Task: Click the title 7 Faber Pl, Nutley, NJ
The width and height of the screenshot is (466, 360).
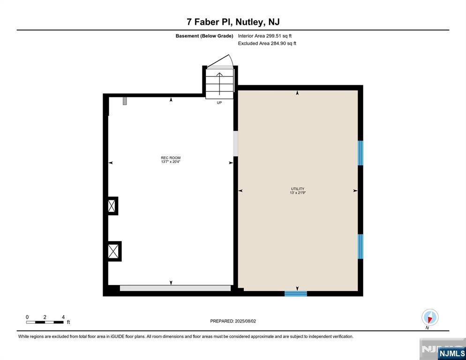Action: pos(233,22)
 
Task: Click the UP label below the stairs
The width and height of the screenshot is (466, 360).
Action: pos(219,103)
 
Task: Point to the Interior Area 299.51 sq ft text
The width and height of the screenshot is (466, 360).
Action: pos(264,36)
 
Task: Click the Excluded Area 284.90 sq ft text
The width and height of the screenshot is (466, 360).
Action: pos(267,44)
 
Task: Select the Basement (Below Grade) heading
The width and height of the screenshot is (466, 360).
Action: pos(204,36)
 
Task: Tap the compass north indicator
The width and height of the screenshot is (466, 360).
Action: pos(429,317)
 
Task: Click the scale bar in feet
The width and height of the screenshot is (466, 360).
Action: pos(45,322)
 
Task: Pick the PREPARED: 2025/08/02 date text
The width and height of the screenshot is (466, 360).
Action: pos(233,321)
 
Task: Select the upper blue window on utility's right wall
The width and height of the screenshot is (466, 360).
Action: pos(361,153)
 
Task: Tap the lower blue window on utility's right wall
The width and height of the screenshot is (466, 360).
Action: pos(361,246)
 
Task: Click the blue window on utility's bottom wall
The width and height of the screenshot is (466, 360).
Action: pos(296,293)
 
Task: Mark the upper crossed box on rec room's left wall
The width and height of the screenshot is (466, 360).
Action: pos(112,206)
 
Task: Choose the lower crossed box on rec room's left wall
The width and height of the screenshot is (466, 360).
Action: pos(113,251)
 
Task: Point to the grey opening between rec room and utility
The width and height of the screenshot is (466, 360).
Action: pos(235,143)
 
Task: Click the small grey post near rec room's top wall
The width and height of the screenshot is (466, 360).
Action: pos(125,101)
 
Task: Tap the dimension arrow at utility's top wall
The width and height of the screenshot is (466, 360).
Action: pos(297,93)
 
